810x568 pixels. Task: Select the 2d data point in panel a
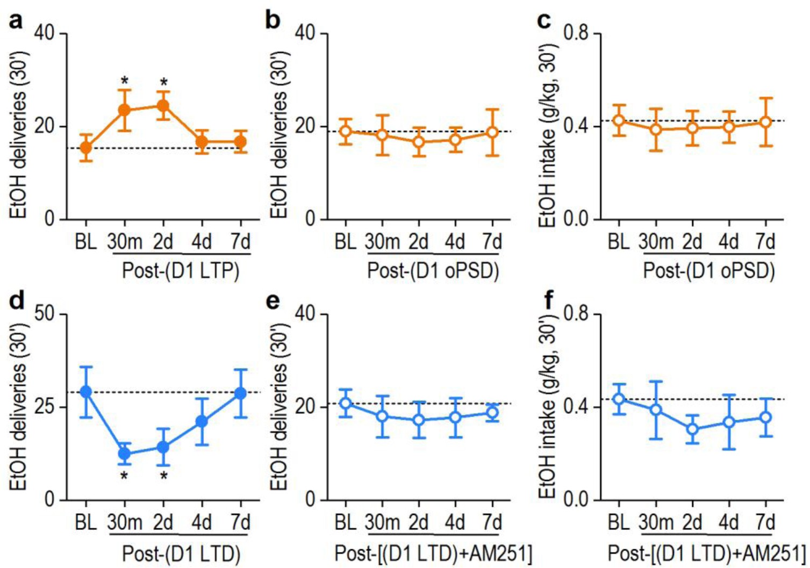pos(163,105)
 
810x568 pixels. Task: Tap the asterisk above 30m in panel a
pos(125,82)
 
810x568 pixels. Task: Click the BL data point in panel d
pos(85,392)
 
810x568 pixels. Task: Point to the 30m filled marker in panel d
pos(125,454)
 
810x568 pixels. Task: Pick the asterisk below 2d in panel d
pos(163,476)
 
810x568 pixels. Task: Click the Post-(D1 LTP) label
pos(181,270)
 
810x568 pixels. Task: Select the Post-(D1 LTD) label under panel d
pos(181,553)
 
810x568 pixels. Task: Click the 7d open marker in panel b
pos(492,132)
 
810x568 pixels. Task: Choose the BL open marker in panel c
pos(619,120)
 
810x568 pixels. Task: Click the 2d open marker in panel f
pos(693,429)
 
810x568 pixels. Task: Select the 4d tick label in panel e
pos(455,522)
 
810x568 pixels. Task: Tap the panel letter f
pos(548,301)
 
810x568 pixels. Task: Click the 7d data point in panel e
pos(492,413)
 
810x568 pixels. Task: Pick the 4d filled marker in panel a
pos(202,142)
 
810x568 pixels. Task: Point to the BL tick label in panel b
pos(346,242)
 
